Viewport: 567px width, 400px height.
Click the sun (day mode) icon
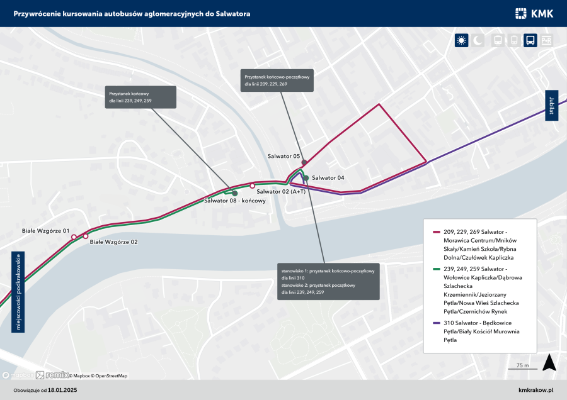tap(462, 41)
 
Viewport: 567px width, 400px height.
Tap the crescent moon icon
tap(478, 41)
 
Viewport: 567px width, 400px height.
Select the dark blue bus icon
tap(530, 41)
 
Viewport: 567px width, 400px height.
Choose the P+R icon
tap(546, 41)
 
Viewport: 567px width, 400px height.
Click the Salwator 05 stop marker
tap(304, 162)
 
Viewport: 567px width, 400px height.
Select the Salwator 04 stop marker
tap(306, 178)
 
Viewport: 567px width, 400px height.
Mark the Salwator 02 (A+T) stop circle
tap(252, 186)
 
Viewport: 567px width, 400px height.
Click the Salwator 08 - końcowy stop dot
tap(234, 193)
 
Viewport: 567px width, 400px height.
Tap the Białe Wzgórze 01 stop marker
tap(74, 237)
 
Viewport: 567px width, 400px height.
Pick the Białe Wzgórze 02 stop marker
tap(86, 236)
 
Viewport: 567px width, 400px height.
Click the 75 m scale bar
tap(522, 369)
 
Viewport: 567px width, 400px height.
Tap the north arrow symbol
tap(549, 362)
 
